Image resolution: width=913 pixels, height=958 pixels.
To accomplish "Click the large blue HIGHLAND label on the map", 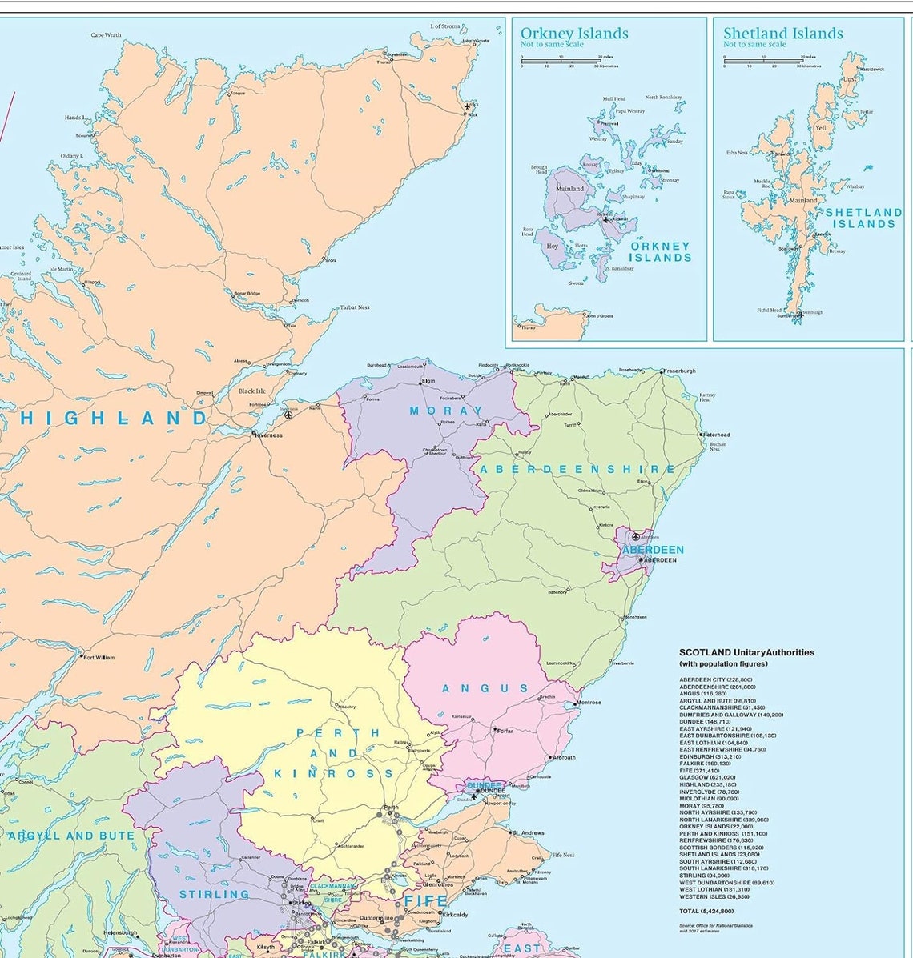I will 114,418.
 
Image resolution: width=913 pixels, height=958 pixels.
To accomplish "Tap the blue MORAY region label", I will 446,411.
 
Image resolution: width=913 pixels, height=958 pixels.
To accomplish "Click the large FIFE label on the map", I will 425,902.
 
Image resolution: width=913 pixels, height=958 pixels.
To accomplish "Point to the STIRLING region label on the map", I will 214,894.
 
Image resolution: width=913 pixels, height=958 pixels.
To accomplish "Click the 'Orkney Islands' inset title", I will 574,34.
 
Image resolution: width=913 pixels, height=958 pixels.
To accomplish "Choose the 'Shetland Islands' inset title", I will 782,34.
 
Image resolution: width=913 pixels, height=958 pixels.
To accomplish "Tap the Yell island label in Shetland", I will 820,128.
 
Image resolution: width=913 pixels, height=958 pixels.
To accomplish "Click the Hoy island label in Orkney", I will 553,247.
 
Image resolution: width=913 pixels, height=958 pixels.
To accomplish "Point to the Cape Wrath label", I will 106,35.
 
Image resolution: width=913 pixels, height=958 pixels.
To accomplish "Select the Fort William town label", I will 99,658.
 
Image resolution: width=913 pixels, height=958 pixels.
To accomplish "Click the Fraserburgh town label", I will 680,371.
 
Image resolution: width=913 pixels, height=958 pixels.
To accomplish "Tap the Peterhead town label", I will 718,435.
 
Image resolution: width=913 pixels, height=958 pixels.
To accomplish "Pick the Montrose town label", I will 589,703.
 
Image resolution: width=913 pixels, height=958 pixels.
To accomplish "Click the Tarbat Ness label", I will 355,307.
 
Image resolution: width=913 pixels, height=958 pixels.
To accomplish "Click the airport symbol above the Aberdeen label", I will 636,536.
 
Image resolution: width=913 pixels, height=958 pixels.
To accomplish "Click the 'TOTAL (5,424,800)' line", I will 706,911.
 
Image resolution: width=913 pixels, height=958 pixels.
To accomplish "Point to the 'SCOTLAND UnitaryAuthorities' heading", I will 746,652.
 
